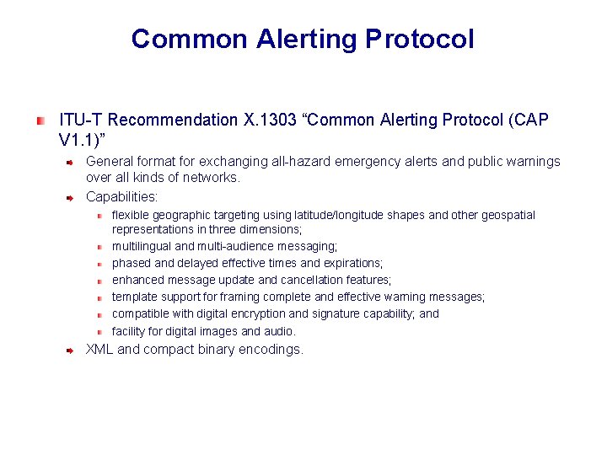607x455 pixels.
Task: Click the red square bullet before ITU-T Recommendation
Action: click(40, 120)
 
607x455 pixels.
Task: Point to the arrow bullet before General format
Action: click(72, 160)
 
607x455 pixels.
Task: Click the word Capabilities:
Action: click(122, 196)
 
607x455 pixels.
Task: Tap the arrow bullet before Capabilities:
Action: click(72, 196)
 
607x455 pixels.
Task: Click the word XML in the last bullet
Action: click(99, 349)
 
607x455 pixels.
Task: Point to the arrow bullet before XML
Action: click(72, 349)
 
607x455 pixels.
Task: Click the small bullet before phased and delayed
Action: click(99, 264)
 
